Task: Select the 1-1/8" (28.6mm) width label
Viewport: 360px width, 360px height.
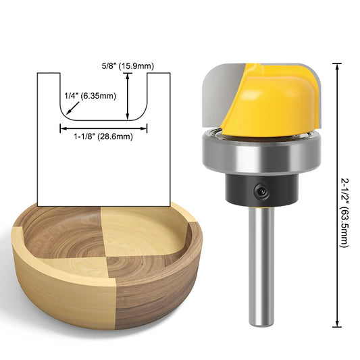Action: [103, 136]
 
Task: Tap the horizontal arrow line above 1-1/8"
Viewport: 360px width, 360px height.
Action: [103, 126]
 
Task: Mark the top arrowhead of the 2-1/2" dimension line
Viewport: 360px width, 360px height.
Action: [336, 65]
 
